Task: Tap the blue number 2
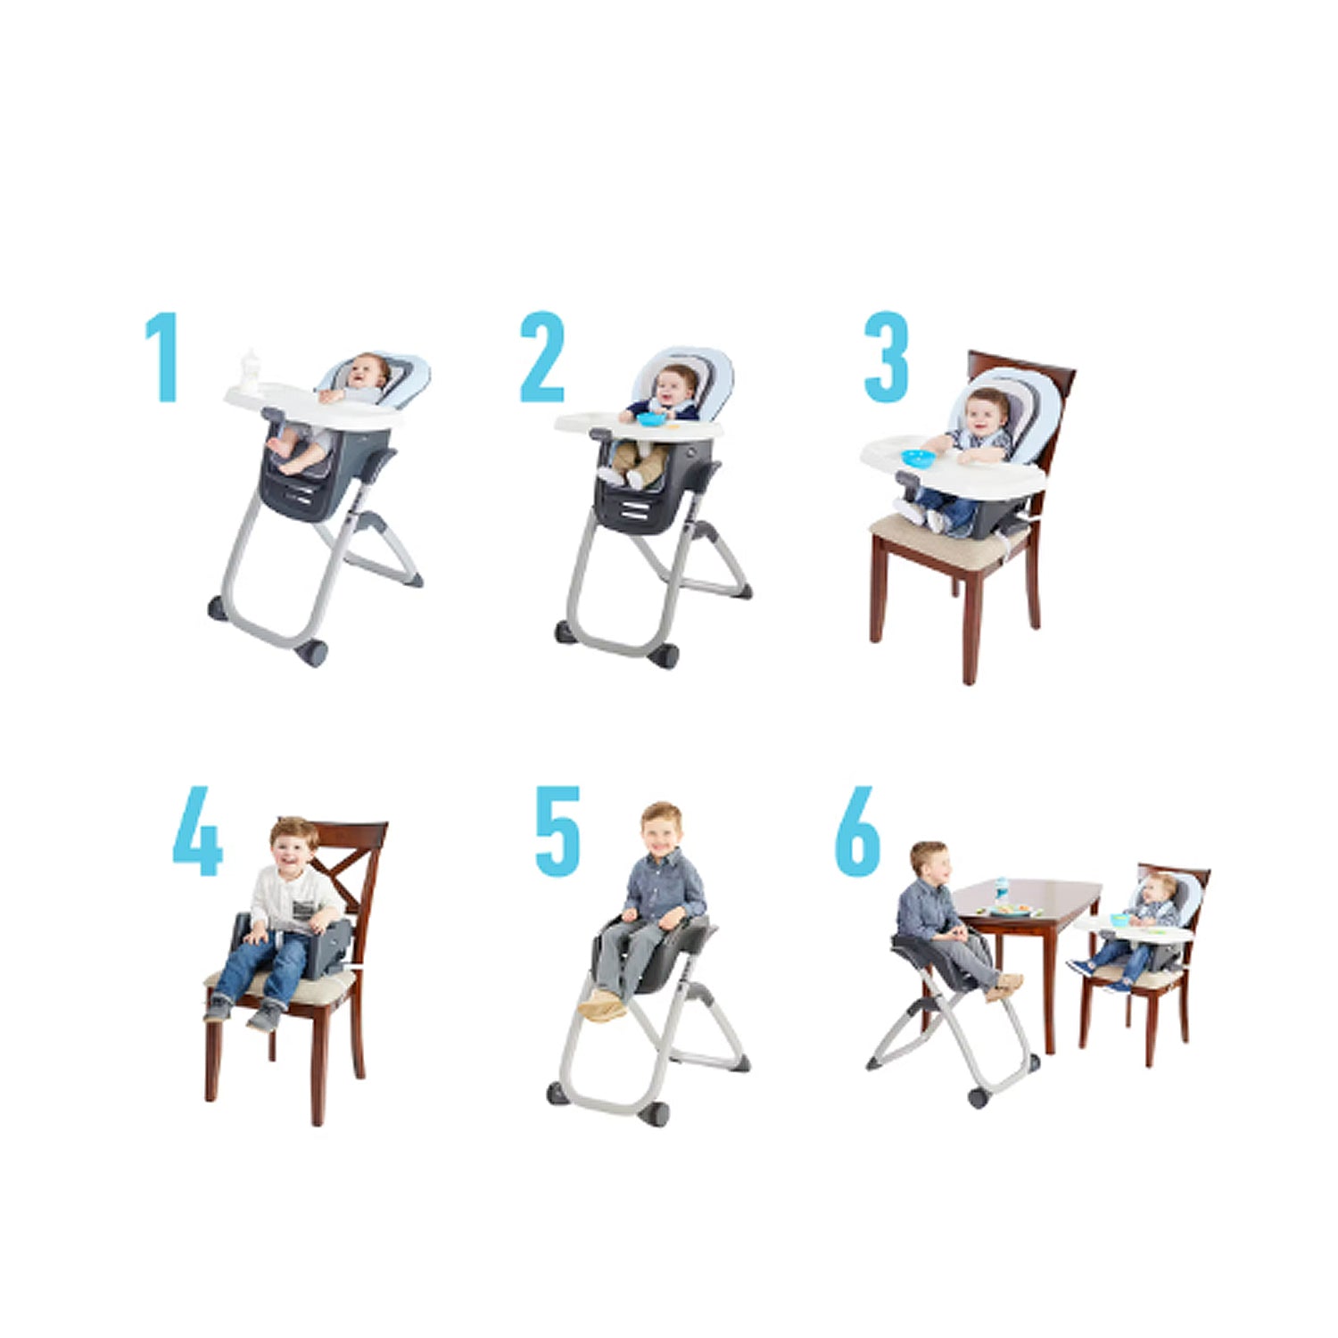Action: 542,357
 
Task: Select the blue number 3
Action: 886,357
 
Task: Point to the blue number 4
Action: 197,831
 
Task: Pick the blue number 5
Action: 557,831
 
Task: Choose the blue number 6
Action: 857,831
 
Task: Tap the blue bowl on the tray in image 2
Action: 651,418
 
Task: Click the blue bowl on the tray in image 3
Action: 918,458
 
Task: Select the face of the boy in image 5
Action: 661,832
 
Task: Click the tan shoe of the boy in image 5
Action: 600,1006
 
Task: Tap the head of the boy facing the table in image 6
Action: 929,860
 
